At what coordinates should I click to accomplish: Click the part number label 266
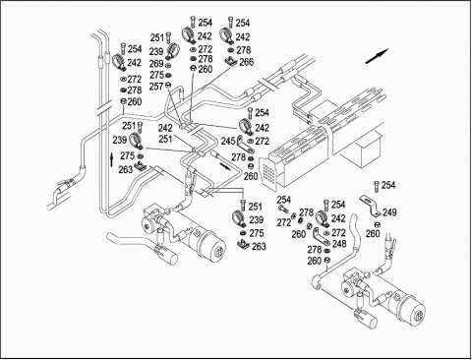tap(247, 62)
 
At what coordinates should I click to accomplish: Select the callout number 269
tap(156, 64)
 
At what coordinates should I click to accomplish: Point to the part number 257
tap(156, 87)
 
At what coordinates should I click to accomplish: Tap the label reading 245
tap(228, 142)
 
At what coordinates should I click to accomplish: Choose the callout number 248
tap(339, 244)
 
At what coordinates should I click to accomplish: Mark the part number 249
tap(389, 212)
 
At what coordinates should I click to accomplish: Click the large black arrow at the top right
tap(377, 56)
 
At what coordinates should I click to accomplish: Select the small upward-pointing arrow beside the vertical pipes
tap(112, 159)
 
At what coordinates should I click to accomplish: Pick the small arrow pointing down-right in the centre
tap(225, 165)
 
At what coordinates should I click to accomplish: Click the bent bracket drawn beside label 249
tap(371, 206)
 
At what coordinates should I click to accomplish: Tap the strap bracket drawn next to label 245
tap(245, 145)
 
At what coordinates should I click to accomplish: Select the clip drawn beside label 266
tap(231, 61)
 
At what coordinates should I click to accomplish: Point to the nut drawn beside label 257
tap(168, 85)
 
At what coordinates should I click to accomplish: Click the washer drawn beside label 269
tap(168, 65)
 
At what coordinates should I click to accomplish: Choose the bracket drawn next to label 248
tap(321, 237)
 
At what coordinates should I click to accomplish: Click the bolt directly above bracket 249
tap(377, 186)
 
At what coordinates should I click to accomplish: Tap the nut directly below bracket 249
tap(377, 225)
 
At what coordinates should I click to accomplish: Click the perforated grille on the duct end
tap(268, 172)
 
